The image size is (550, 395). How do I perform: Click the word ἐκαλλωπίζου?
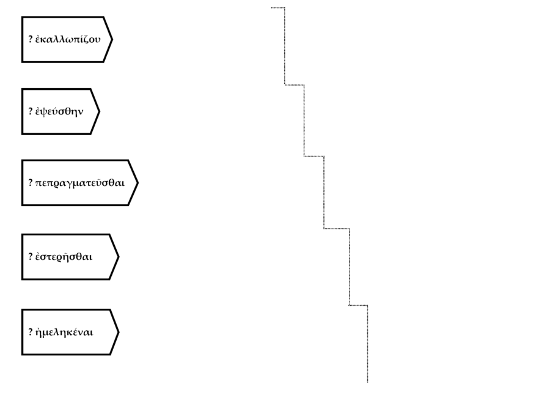pos(67,40)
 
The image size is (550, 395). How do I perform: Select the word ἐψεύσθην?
pos(59,112)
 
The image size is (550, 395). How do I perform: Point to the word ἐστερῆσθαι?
pos(64,257)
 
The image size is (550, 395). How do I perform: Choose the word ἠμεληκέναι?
pos(64,333)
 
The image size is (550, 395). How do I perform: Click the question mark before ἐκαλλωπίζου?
pos(31,40)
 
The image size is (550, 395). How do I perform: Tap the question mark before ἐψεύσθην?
pos(31,112)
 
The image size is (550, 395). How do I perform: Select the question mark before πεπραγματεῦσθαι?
pos(31,183)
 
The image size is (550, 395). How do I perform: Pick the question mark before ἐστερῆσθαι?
pos(31,257)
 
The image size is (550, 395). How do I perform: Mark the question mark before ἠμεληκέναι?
pos(31,333)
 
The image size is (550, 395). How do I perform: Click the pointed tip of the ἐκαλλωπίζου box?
pos(112,40)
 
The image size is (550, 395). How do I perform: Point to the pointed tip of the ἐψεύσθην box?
pos(99,112)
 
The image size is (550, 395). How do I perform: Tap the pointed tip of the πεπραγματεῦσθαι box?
pos(137,183)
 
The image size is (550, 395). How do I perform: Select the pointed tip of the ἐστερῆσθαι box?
pos(118,257)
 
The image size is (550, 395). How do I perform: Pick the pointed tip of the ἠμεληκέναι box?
pos(118,333)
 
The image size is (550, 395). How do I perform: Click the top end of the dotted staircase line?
pos(272,8)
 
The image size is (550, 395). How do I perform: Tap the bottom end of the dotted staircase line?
pos(367,382)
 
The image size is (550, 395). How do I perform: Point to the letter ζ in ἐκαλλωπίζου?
pos(86,40)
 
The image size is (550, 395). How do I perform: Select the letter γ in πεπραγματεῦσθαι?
pos(69,184)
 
